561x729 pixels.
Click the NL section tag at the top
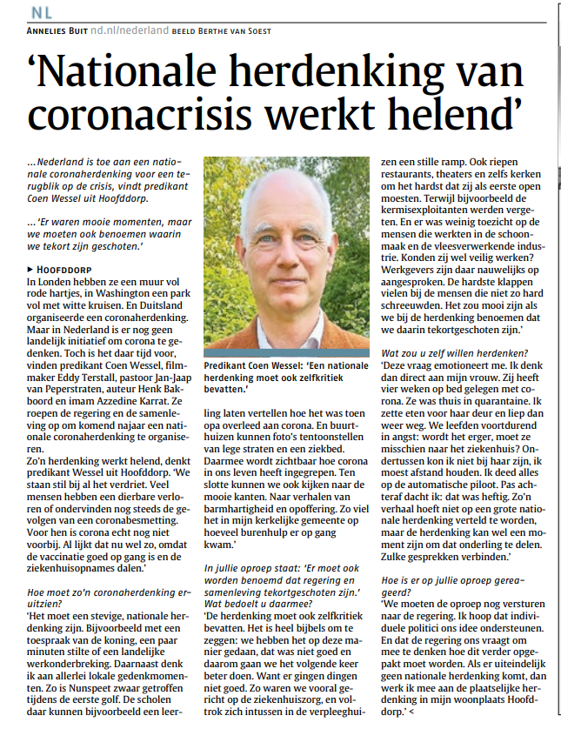point(40,12)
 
